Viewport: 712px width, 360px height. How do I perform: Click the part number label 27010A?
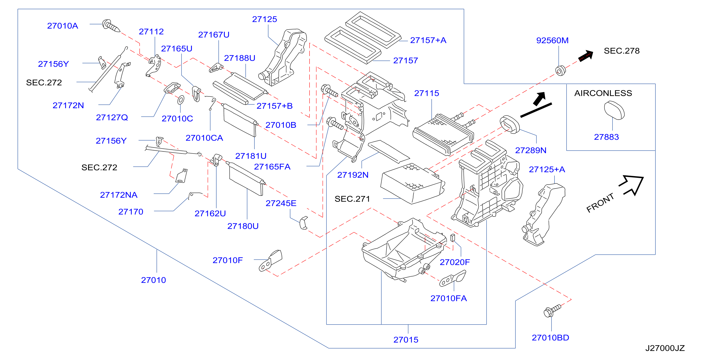(x=62, y=26)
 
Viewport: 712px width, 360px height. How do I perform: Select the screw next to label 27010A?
(x=111, y=26)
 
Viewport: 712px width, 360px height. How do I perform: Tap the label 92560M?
(x=552, y=40)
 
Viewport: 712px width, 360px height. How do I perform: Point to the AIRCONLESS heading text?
(x=603, y=93)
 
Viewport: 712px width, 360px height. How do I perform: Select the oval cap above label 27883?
(x=614, y=110)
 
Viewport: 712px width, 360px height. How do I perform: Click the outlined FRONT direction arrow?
(x=632, y=185)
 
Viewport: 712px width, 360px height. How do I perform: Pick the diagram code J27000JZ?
(x=665, y=348)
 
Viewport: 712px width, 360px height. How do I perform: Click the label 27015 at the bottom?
(x=406, y=340)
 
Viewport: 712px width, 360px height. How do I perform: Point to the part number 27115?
(x=427, y=93)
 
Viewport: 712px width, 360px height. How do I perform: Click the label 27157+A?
(x=428, y=40)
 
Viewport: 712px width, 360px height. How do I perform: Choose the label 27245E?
(x=281, y=203)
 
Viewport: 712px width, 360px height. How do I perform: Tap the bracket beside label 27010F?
(x=270, y=261)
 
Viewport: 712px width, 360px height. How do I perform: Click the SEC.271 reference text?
(x=352, y=199)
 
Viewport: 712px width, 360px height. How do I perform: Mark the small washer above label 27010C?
(x=181, y=100)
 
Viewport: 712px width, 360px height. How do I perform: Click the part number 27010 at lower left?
(x=153, y=280)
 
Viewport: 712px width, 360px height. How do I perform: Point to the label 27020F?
(x=455, y=262)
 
